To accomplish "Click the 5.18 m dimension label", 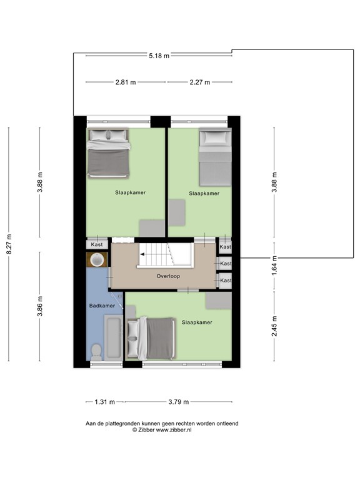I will point(159,56).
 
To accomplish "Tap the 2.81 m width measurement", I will point(126,82).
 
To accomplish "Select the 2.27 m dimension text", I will point(199,82).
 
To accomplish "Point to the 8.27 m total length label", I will point(9,244).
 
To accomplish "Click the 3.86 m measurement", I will point(39,306).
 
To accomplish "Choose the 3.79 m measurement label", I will point(177,402).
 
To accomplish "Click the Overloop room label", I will point(169,276).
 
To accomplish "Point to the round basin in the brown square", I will point(97,259).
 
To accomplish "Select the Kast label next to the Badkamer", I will point(97,244).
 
